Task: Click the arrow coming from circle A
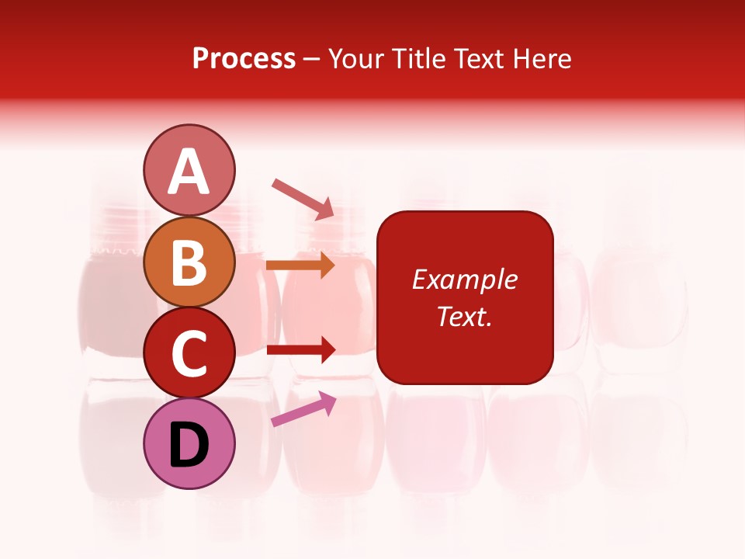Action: coord(303,198)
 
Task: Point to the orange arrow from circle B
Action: coord(300,265)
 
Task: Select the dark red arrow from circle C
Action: coord(300,350)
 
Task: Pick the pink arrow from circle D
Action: coord(303,409)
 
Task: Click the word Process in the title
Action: coord(244,59)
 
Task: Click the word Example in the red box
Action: coord(464,279)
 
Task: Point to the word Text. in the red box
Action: coord(464,316)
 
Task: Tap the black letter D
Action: coord(189,446)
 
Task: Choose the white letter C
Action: coord(189,354)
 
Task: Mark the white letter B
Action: coord(189,262)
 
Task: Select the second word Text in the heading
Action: coord(476,59)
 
